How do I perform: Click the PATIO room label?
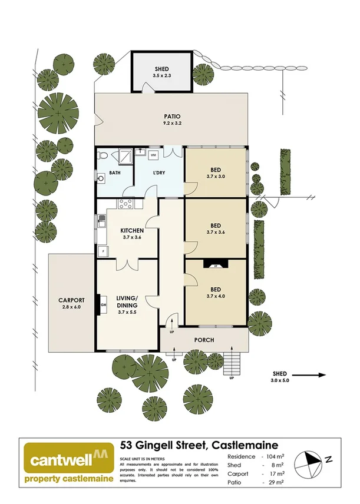(x=171, y=116)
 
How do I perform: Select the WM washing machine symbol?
(x=153, y=155)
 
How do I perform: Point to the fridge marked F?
(x=104, y=251)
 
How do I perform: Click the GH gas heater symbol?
(x=103, y=304)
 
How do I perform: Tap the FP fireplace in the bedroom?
(x=216, y=266)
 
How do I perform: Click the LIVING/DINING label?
(x=127, y=301)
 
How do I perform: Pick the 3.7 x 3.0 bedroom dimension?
(x=216, y=176)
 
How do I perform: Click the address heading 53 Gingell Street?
(x=199, y=445)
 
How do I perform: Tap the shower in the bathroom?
(x=124, y=156)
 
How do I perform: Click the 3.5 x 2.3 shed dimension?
(x=161, y=75)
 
